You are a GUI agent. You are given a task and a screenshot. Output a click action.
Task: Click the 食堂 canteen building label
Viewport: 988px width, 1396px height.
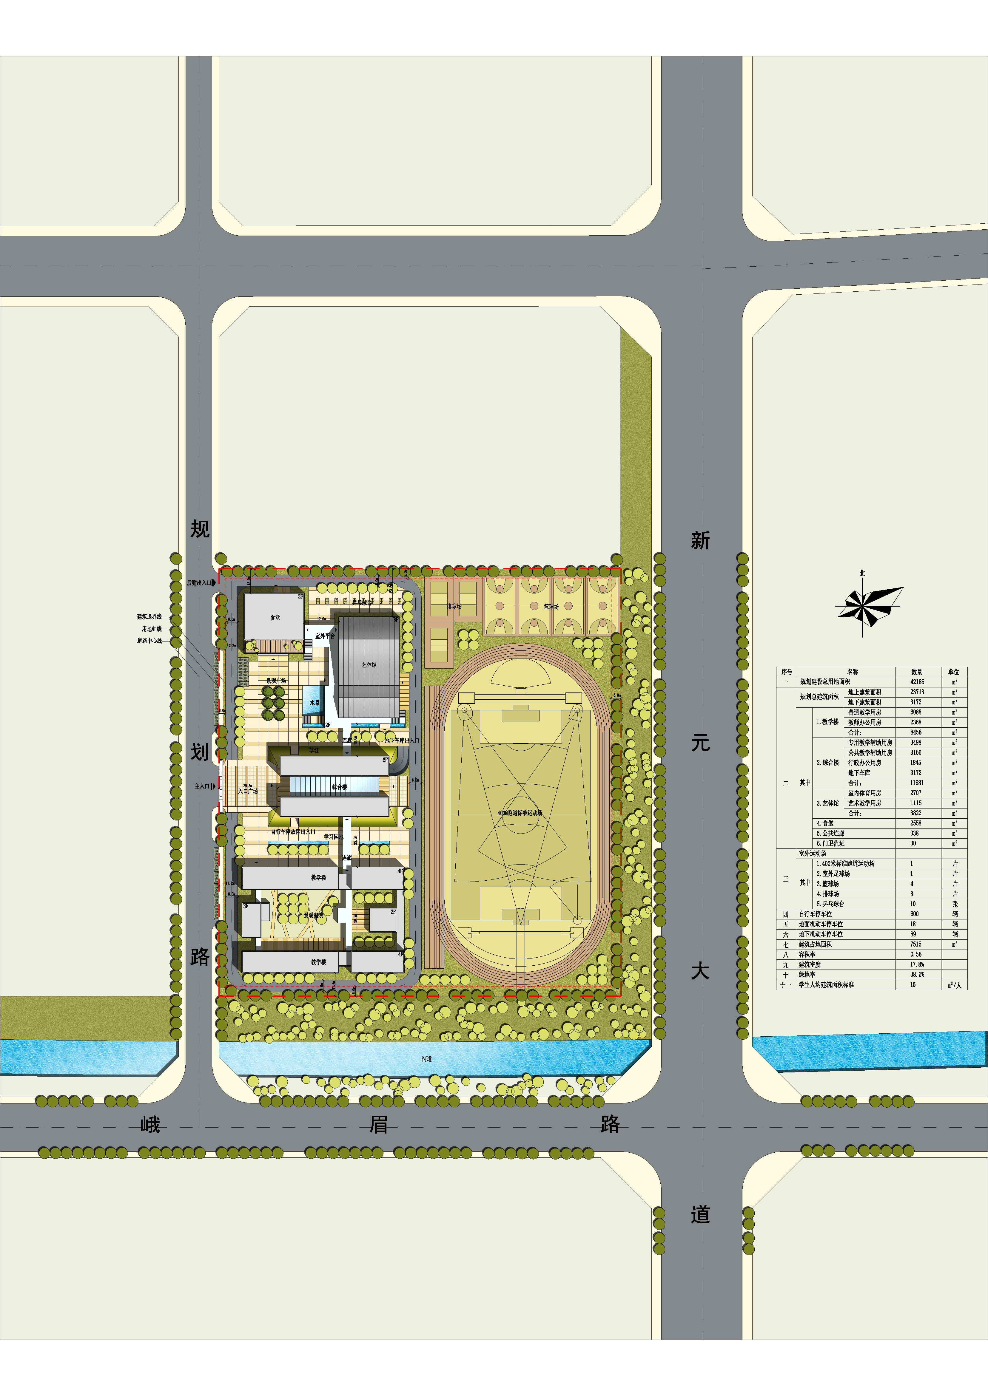click(275, 618)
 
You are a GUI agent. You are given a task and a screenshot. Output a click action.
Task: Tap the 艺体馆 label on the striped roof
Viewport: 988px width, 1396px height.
click(369, 664)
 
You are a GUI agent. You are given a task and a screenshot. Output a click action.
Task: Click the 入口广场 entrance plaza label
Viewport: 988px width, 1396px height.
click(248, 791)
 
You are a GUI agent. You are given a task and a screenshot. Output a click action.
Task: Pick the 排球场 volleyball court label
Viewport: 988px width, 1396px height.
click(454, 606)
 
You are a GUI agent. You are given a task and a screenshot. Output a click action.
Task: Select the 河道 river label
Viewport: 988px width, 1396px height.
click(426, 1058)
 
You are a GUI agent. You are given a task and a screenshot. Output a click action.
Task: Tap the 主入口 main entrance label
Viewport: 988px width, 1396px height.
click(202, 786)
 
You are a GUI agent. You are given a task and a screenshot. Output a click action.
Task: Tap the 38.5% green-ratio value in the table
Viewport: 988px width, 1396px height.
click(917, 975)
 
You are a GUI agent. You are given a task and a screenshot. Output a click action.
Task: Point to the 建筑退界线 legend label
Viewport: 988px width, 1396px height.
click(149, 616)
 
